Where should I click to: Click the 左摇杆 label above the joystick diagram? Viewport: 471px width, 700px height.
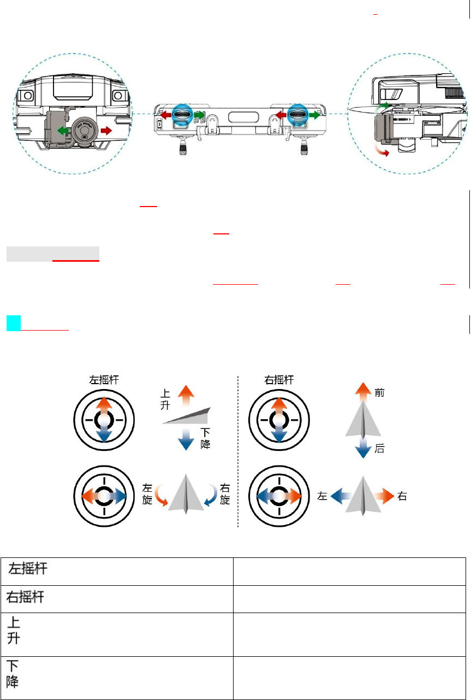104,380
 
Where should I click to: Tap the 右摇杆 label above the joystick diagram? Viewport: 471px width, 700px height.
279,380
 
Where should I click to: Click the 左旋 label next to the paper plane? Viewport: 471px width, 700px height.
147,494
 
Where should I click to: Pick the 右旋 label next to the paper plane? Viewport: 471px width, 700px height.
224,494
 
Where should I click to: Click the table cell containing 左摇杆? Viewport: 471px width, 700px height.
117,571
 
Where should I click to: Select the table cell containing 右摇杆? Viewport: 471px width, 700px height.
117,598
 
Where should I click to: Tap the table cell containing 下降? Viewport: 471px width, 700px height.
117,678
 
